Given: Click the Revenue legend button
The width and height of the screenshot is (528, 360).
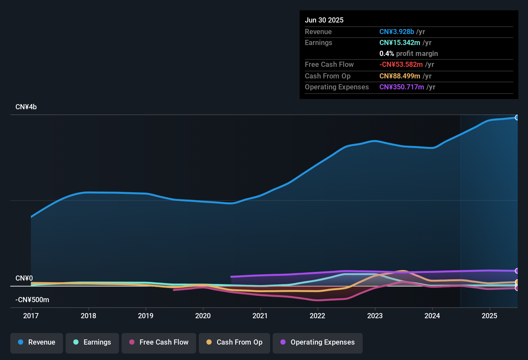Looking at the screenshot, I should (x=37, y=342).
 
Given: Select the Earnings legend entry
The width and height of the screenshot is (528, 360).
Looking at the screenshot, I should (x=92, y=342).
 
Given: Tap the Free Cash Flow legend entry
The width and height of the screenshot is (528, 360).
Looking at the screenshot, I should (x=159, y=342).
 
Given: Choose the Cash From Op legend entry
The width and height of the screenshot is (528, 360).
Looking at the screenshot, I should (x=234, y=342).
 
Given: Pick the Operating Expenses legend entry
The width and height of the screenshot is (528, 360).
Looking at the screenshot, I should (x=318, y=342).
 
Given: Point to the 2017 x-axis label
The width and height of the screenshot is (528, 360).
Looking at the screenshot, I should (x=31, y=316).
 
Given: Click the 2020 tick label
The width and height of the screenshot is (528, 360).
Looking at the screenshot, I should (x=203, y=316).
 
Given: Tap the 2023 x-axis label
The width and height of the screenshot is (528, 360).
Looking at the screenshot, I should (x=375, y=316).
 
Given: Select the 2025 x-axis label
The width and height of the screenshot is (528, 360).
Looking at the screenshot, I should (x=489, y=316).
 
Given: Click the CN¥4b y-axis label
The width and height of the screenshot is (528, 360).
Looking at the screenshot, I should (x=26, y=107).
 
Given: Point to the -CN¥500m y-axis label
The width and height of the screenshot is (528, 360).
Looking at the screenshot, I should (x=32, y=300).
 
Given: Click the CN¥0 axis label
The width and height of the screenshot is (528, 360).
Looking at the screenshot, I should (x=24, y=278).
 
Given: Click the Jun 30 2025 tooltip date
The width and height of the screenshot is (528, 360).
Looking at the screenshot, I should (x=324, y=20).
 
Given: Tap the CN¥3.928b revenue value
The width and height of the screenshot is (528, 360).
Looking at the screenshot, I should (x=396, y=32).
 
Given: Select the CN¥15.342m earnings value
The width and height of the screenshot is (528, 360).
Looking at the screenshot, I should (x=400, y=42).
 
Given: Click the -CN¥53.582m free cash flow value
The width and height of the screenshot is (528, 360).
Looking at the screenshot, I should (x=401, y=64).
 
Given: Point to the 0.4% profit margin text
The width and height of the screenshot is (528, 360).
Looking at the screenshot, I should (x=408, y=53).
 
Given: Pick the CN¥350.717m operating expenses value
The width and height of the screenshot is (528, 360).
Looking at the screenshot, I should (x=402, y=87).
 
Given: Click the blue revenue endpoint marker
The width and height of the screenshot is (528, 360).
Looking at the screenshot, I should (x=517, y=118).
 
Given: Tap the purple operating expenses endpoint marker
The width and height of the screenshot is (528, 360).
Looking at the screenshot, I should (x=517, y=271).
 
